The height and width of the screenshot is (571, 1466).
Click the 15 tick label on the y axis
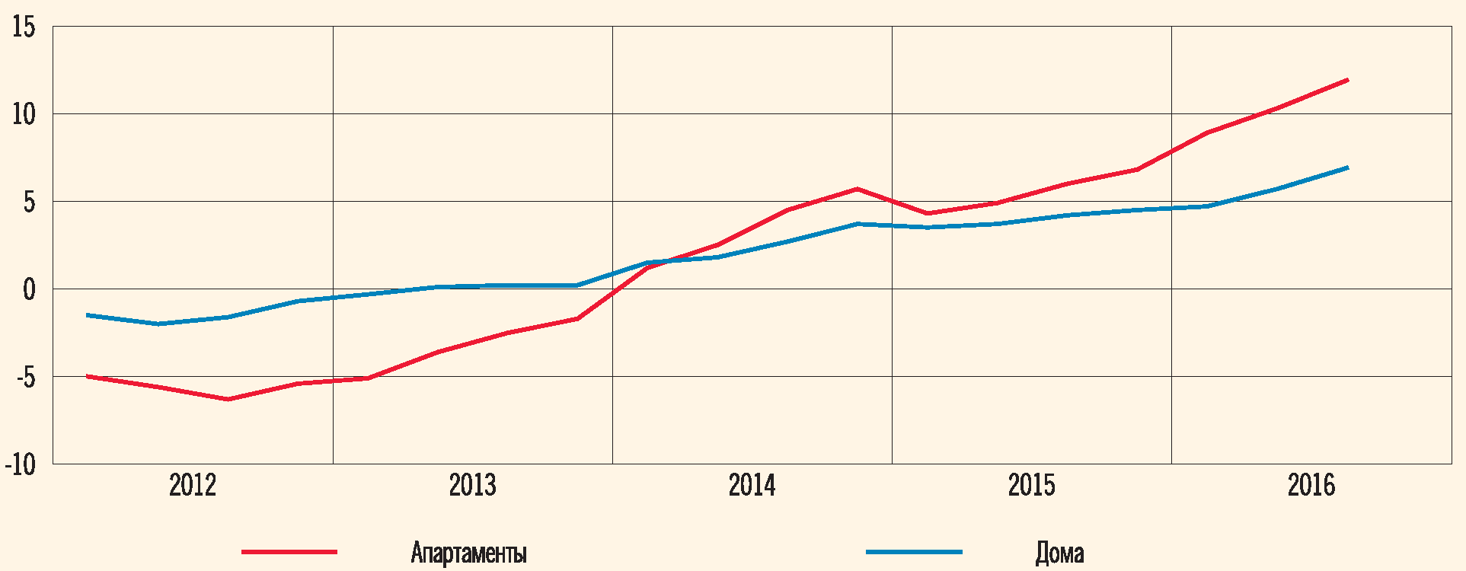tap(24, 27)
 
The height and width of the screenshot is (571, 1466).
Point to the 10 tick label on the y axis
tap(24, 115)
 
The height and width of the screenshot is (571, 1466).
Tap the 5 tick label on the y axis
tap(29, 203)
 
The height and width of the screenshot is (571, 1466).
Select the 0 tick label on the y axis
tap(29, 290)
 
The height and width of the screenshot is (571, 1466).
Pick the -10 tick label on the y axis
tap(21, 464)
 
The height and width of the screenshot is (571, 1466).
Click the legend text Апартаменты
tap(468, 553)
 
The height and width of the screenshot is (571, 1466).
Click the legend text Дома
tap(1059, 553)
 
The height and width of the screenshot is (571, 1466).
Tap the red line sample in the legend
tap(289, 551)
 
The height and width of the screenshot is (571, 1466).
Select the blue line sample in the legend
tap(914, 551)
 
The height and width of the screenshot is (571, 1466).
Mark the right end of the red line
tap(1347, 80)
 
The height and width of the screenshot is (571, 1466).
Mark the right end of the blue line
tap(1347, 167)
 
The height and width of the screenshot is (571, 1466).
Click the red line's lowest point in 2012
tap(228, 399)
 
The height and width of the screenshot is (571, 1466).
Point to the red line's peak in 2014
tap(858, 189)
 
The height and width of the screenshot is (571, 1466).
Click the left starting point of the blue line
tap(88, 314)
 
